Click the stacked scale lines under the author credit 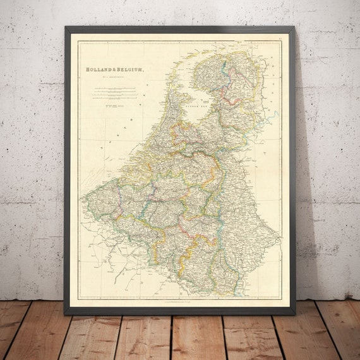click(x=111, y=94)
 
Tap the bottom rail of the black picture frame click(x=180, y=311)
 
